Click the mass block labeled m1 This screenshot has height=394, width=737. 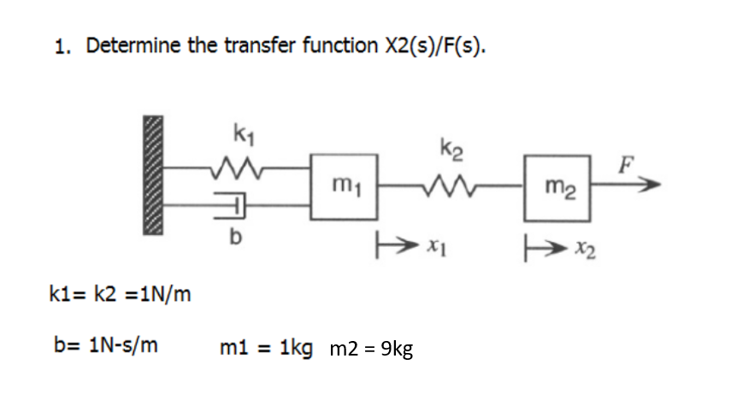(x=345, y=187)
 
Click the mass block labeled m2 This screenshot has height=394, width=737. (x=557, y=187)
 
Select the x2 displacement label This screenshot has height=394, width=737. (x=583, y=249)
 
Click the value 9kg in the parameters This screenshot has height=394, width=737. (x=394, y=348)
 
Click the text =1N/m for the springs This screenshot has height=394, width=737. (x=152, y=296)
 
